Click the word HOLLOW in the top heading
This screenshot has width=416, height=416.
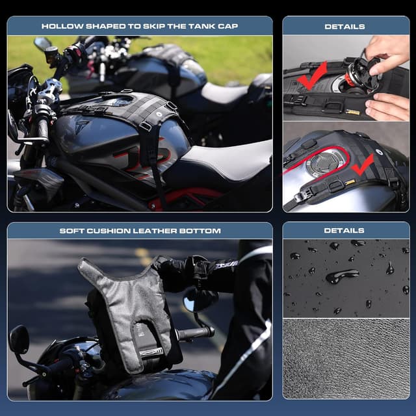coord(62,27)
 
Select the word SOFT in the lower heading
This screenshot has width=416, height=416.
coord(71,231)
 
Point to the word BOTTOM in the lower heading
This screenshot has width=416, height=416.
coord(201,231)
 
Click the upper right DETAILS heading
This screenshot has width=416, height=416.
coord(344,27)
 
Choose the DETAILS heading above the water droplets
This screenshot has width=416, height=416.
coord(344,231)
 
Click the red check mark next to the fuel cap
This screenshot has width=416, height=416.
coord(363,164)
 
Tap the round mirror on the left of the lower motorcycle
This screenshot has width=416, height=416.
coord(19,339)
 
